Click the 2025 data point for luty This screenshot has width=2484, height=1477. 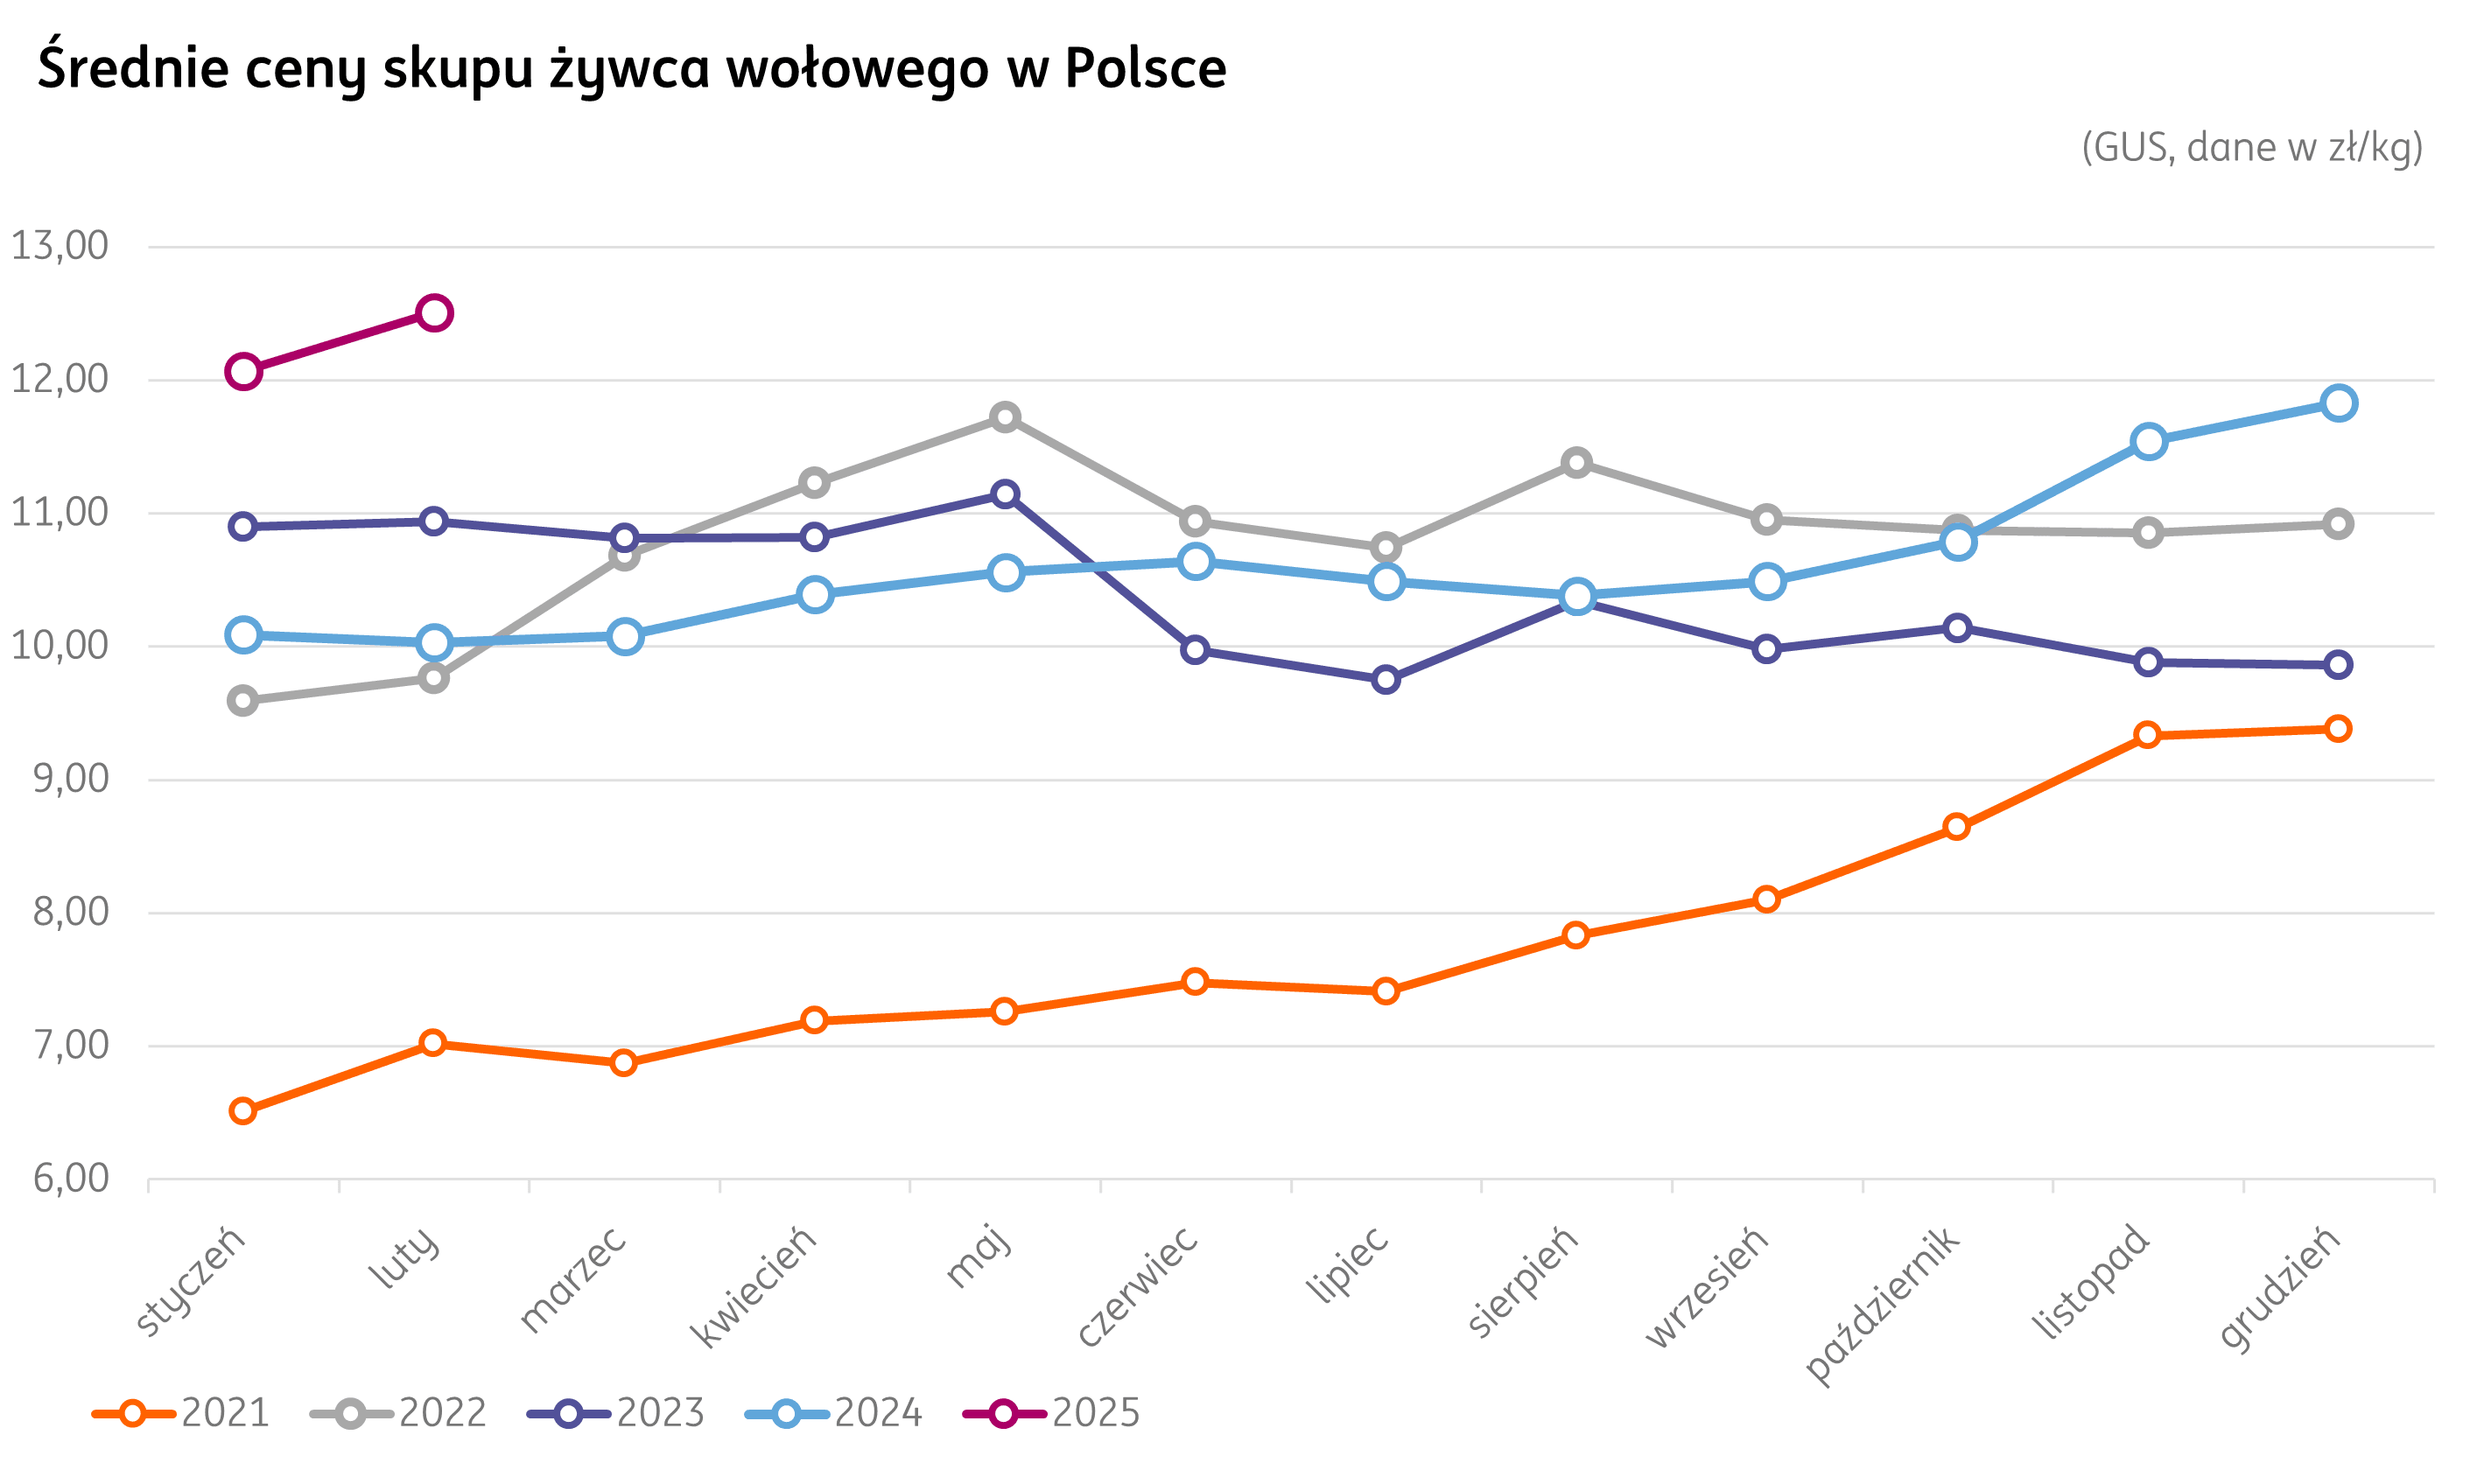point(434,313)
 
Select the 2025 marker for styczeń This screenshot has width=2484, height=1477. point(243,372)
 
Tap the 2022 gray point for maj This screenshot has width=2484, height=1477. point(1006,417)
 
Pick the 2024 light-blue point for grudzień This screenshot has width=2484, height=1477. point(2339,403)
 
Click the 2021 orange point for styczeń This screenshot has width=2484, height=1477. point(243,1110)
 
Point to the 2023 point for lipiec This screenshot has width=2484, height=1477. point(1386,680)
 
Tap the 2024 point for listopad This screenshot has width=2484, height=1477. point(2149,442)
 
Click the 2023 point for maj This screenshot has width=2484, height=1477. point(1006,494)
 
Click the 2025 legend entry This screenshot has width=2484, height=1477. point(1051,1413)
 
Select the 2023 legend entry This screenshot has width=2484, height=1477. point(616,1413)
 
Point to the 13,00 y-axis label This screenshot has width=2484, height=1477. point(60,246)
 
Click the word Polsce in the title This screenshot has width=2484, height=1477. point(1145,68)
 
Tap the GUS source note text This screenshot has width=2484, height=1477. point(2252,148)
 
